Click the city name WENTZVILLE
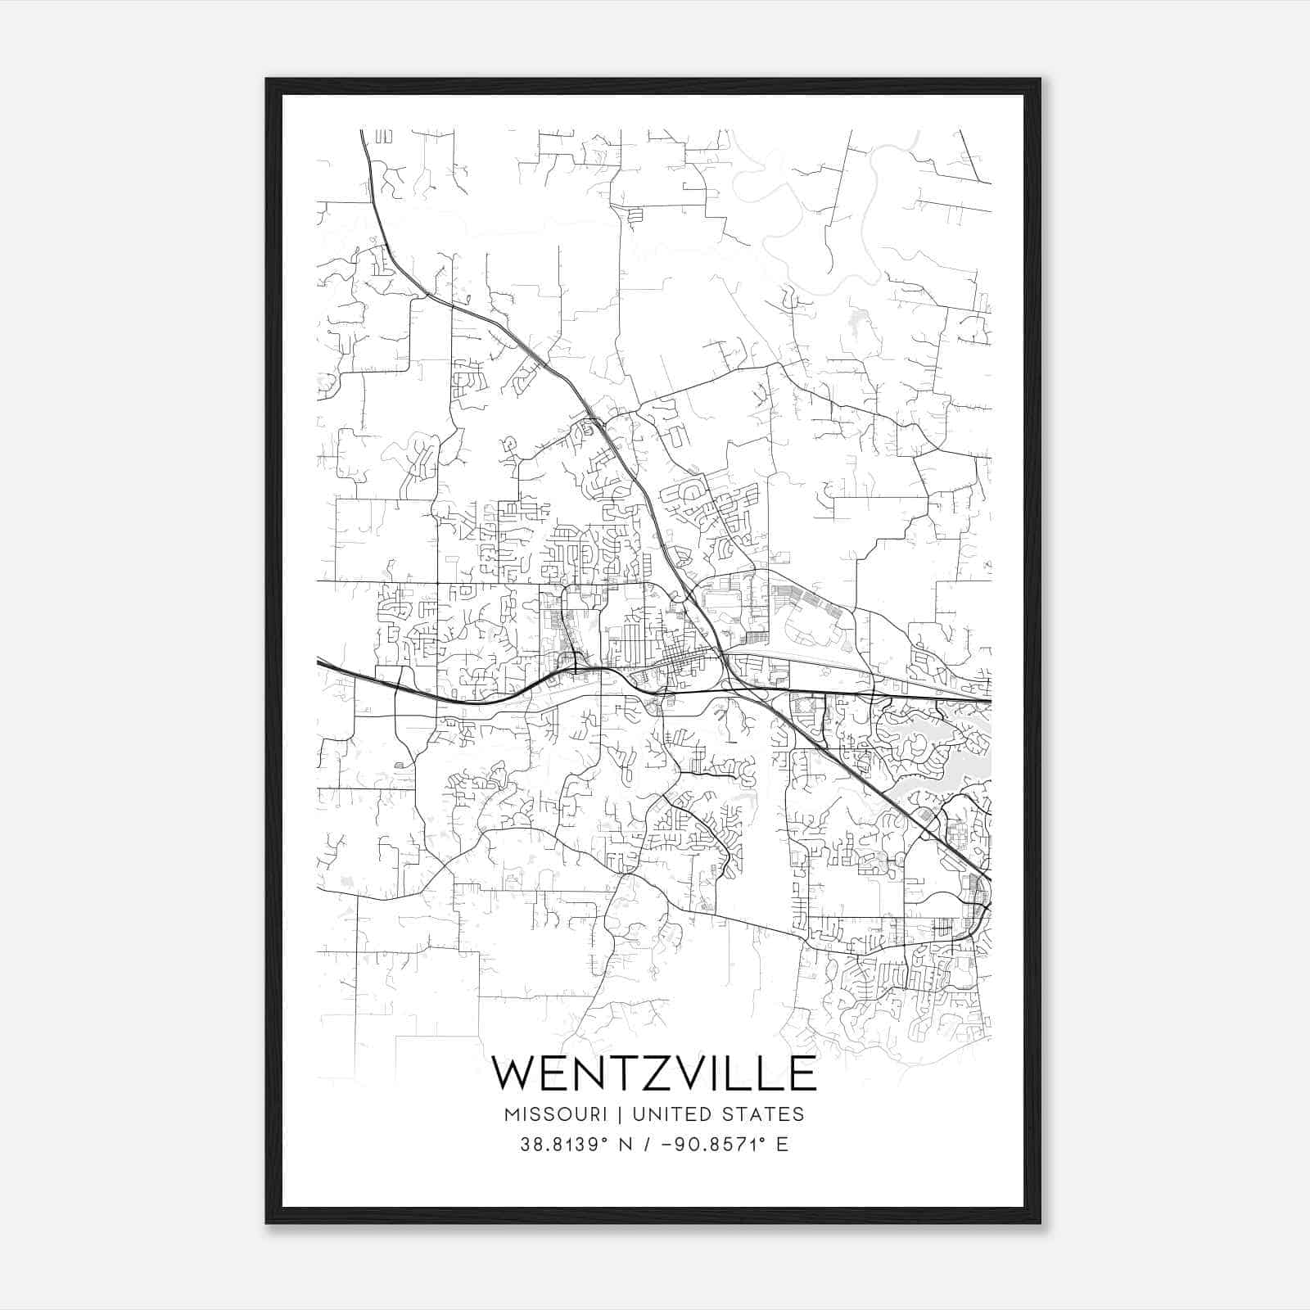pos(653,1073)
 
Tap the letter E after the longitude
pos(782,1145)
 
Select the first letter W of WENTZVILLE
pos(513,1073)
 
